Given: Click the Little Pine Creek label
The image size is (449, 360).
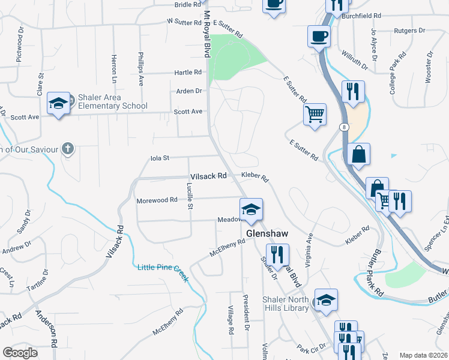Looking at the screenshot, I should [x=163, y=268].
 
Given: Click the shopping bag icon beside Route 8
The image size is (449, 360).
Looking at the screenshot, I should [x=358, y=154].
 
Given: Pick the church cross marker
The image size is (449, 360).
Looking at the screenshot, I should [x=68, y=148].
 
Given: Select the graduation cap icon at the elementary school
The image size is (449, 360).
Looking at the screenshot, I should [x=59, y=104].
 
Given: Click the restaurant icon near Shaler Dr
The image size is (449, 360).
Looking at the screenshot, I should [x=277, y=254].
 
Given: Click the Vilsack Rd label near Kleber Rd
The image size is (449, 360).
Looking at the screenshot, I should [x=208, y=176].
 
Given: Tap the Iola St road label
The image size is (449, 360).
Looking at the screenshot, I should [x=160, y=158].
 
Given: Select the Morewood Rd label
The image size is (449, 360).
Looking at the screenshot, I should [x=157, y=200].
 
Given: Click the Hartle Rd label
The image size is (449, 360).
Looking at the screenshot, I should [x=188, y=73].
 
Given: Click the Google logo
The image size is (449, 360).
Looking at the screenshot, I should [x=20, y=352].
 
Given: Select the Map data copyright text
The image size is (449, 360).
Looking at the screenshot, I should [x=423, y=355].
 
